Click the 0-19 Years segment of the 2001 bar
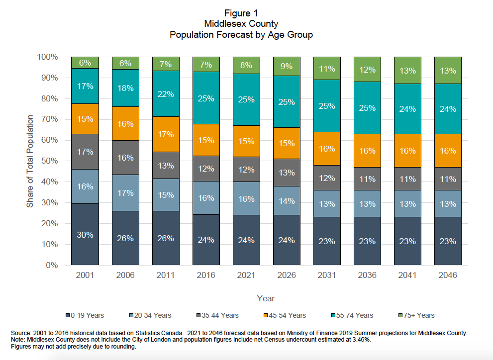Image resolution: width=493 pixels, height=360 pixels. (x=85, y=234)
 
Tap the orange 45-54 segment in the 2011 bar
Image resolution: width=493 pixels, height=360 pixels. (x=166, y=134)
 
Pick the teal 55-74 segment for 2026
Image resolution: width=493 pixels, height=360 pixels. (x=287, y=102)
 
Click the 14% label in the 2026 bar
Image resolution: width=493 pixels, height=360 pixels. (x=287, y=201)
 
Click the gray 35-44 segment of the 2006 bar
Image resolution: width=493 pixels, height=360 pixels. (x=125, y=158)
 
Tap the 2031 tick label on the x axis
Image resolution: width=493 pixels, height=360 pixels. (x=327, y=275)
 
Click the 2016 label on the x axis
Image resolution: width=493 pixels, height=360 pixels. (x=206, y=275)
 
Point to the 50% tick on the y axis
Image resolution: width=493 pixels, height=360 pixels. (x=48, y=161)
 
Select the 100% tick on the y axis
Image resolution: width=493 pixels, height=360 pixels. (x=47, y=57)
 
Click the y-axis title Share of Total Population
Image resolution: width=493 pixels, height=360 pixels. (x=30, y=161)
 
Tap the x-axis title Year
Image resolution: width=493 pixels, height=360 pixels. (x=266, y=298)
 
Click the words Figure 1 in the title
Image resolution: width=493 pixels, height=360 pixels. (x=241, y=13)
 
